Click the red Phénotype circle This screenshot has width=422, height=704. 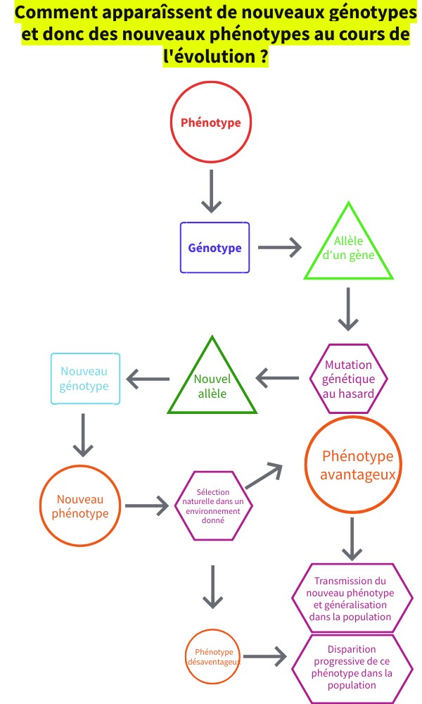(x=211, y=122)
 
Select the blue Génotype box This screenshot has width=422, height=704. (x=215, y=248)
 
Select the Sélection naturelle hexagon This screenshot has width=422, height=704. (x=214, y=505)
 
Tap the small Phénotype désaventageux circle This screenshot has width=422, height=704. (x=214, y=657)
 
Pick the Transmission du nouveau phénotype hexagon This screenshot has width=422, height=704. (x=351, y=598)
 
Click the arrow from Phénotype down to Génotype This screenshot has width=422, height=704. (x=211, y=191)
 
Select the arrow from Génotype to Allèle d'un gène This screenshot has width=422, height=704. (x=279, y=248)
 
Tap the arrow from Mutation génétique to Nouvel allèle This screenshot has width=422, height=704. (x=277, y=379)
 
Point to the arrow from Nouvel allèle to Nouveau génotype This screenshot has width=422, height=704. (x=147, y=380)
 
